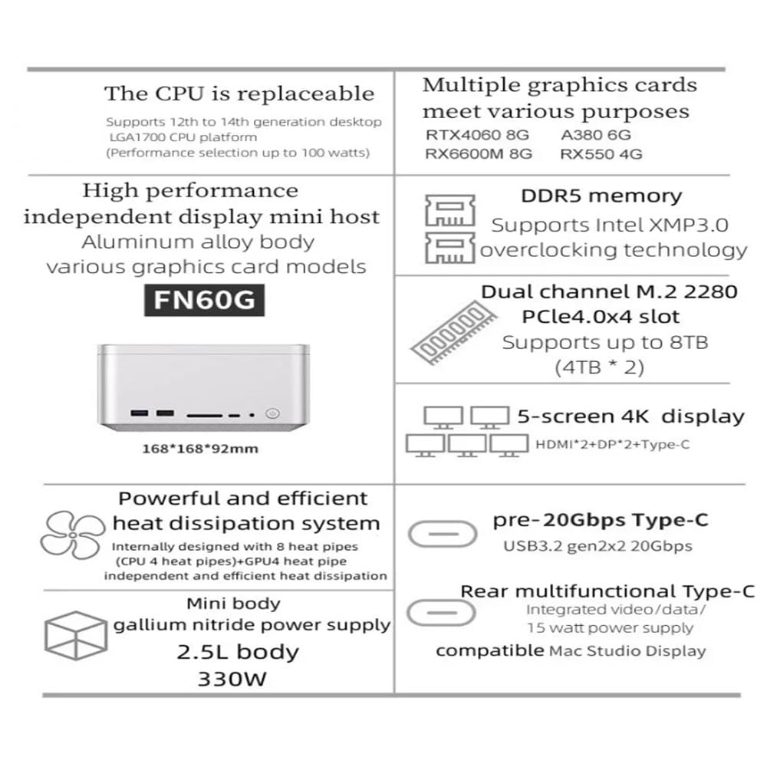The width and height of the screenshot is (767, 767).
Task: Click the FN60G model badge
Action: click(204, 299)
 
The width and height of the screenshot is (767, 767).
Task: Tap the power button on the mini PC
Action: click(269, 415)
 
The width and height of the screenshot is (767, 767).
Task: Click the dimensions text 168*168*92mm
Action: click(200, 449)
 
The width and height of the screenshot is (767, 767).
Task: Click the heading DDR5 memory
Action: click(601, 196)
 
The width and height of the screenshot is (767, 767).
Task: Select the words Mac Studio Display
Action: click(627, 651)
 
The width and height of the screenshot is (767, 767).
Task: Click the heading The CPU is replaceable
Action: click(239, 94)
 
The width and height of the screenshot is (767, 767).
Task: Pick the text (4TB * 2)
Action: click(600, 367)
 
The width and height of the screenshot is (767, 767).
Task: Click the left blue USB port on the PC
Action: click(139, 414)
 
